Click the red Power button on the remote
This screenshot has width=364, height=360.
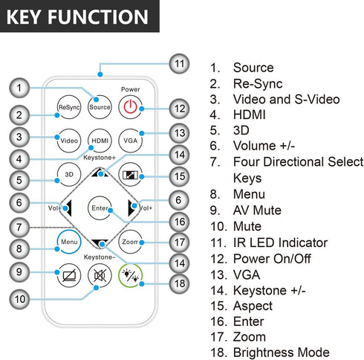131,107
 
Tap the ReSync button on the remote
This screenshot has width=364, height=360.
69,107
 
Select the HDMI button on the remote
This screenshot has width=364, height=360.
100,141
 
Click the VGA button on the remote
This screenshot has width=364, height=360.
131,141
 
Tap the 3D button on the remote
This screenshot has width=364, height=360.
69,174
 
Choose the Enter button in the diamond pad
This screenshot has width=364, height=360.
100,208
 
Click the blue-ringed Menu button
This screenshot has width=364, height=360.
69,242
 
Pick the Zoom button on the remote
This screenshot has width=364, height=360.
131,242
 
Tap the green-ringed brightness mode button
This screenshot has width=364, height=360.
131,275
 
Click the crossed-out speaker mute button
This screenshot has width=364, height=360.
100,275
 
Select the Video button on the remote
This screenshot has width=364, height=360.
69,141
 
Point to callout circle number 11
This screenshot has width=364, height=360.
180,64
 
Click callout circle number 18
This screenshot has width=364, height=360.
180,283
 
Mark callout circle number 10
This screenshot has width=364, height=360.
19,299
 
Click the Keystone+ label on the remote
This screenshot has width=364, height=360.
100,158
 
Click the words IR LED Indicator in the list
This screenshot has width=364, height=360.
280,242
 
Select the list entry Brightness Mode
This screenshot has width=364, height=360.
282,353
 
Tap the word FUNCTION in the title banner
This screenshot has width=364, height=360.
98,17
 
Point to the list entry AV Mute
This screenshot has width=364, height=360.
257,210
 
